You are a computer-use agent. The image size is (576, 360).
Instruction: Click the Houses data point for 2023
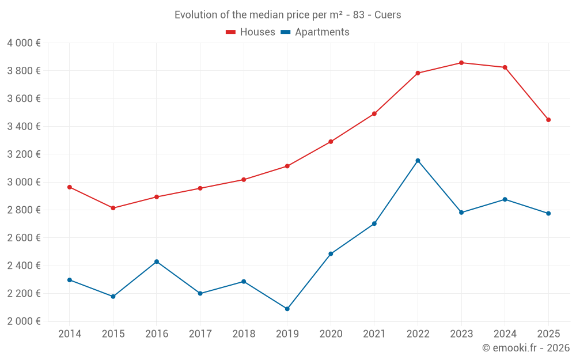(x=461, y=63)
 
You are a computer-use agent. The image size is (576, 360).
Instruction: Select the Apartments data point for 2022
(x=418, y=161)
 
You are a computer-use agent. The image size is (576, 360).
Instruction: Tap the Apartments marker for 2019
(x=287, y=309)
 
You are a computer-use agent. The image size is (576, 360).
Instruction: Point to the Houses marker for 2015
(x=113, y=208)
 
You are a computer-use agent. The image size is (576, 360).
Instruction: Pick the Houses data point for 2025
(x=548, y=120)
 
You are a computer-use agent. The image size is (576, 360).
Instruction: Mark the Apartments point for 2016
(x=157, y=262)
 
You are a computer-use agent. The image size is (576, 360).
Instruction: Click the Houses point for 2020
(x=331, y=142)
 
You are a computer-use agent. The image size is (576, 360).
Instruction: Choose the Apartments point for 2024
(x=505, y=199)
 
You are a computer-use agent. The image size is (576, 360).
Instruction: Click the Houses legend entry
(x=251, y=32)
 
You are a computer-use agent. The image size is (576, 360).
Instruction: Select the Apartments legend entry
(x=315, y=32)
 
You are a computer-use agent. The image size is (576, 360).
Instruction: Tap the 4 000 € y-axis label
(x=24, y=43)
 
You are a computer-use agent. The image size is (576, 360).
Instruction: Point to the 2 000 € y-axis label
(x=24, y=321)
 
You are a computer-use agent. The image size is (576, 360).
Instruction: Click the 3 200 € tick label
(x=24, y=154)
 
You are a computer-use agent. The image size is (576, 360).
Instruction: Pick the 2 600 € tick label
(x=24, y=238)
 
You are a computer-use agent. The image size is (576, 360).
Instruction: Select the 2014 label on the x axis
(x=70, y=334)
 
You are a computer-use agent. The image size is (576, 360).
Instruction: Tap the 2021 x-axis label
(x=374, y=334)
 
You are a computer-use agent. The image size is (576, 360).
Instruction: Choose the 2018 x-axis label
(x=244, y=334)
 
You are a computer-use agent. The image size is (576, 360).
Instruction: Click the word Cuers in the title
(x=388, y=15)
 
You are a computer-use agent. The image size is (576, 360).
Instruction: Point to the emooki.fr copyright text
(x=526, y=348)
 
